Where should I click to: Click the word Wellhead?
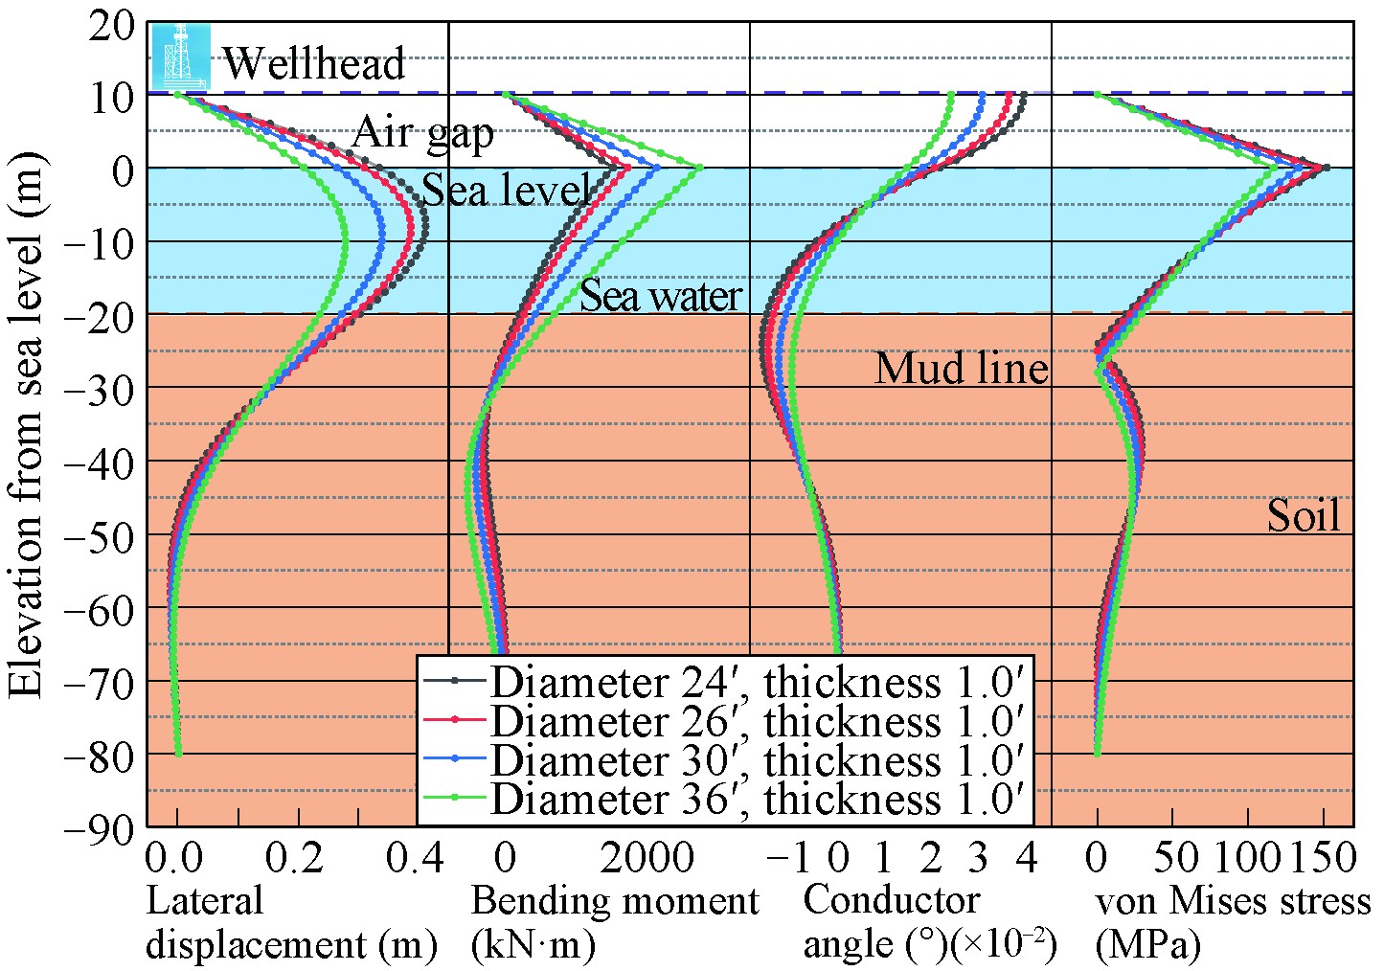click(x=314, y=63)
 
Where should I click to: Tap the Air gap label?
click(x=422, y=132)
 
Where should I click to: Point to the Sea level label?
click(x=506, y=190)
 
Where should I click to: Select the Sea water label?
click(x=661, y=295)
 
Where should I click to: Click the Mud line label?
click(x=961, y=368)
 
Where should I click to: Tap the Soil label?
click(x=1303, y=516)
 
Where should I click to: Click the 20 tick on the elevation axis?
click(x=113, y=23)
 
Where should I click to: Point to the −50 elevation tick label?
click(x=100, y=534)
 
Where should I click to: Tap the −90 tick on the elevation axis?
click(x=100, y=827)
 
